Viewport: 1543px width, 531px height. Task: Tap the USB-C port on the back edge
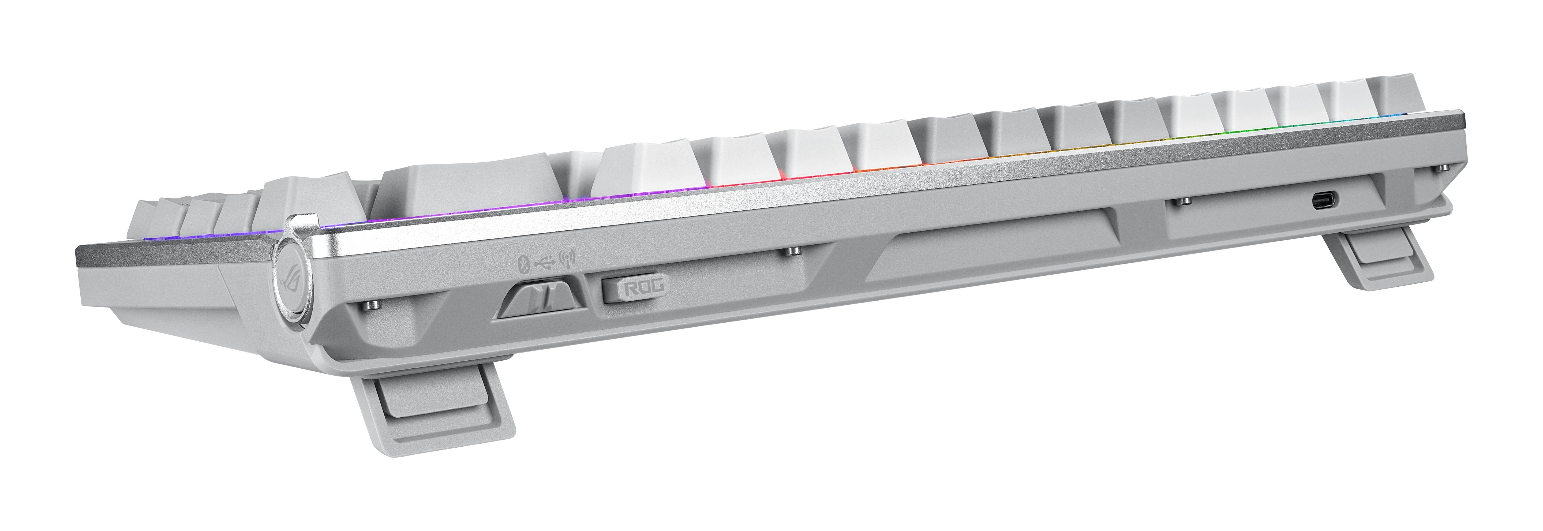1322,200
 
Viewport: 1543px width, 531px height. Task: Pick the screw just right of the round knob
371,306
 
